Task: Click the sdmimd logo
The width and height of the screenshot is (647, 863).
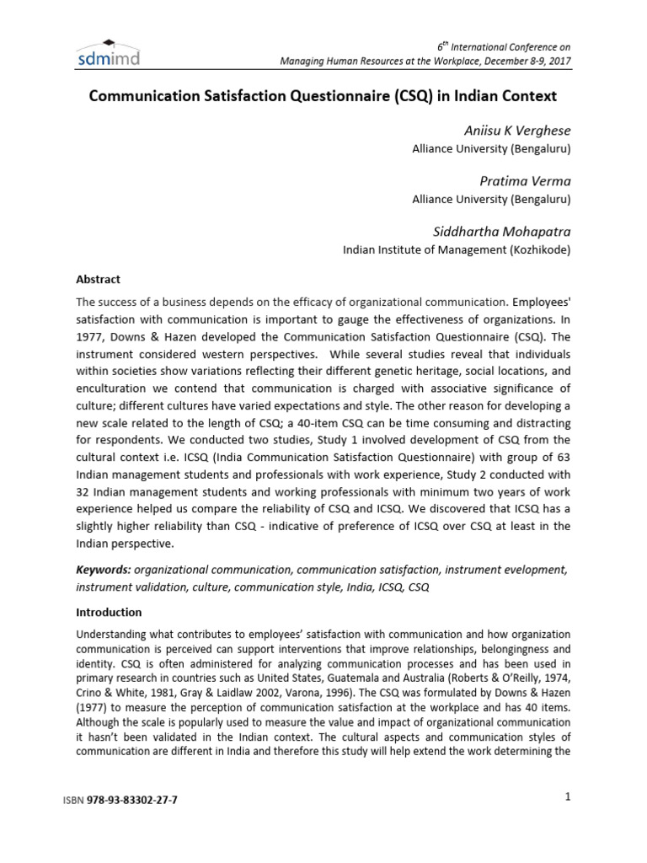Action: (110, 55)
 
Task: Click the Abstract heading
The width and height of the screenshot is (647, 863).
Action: (99, 280)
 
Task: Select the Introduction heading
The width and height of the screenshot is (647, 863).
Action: (110, 613)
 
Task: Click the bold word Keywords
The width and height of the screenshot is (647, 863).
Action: (103, 571)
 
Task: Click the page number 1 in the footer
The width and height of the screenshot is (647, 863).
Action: (568, 797)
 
